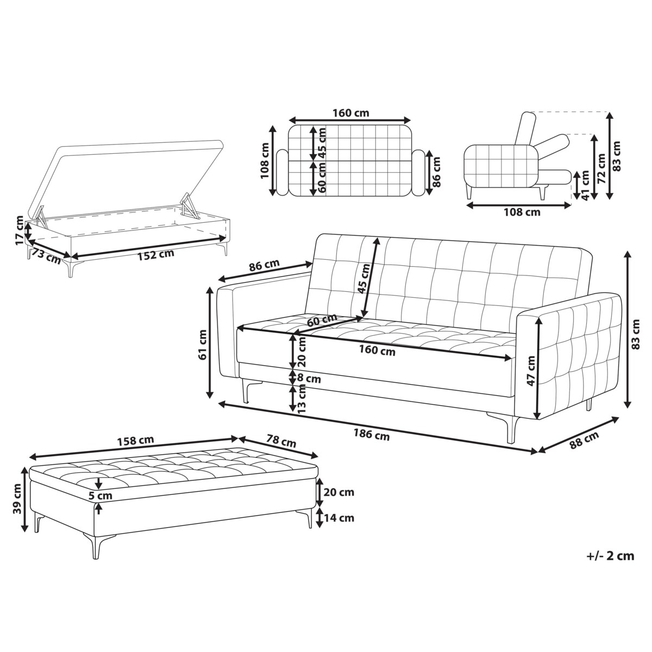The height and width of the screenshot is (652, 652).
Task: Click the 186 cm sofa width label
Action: click(x=372, y=434)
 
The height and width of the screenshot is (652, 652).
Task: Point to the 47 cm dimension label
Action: click(x=531, y=371)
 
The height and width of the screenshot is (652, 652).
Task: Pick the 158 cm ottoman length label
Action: click(x=135, y=441)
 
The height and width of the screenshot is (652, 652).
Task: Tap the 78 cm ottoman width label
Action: click(x=280, y=442)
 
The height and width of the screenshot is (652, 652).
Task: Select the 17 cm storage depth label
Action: click(x=21, y=230)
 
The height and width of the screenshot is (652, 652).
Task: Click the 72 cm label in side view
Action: click(x=601, y=168)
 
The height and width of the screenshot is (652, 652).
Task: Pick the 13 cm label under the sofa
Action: click(x=302, y=400)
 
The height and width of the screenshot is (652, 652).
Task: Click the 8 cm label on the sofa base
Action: click(x=309, y=379)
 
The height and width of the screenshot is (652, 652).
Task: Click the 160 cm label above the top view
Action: click(x=350, y=112)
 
